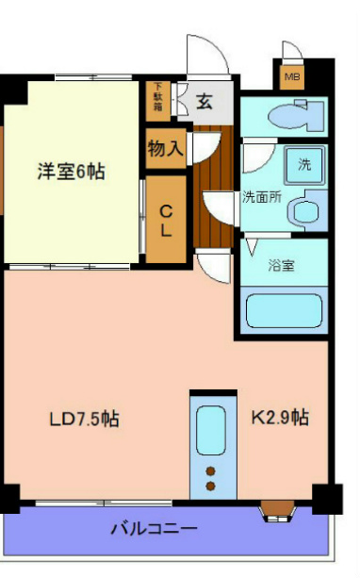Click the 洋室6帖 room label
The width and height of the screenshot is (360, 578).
tap(71, 172)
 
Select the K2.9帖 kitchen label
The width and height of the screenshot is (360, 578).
tap(280, 416)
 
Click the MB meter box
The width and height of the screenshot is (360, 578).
tap(292, 76)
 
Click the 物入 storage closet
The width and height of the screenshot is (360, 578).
tap(166, 149)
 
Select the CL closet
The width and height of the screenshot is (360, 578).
tap(165, 218)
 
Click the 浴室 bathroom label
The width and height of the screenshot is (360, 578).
tap(282, 265)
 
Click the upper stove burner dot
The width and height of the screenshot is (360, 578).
tap(211, 471)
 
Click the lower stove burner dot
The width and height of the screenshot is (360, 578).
tap(211, 487)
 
